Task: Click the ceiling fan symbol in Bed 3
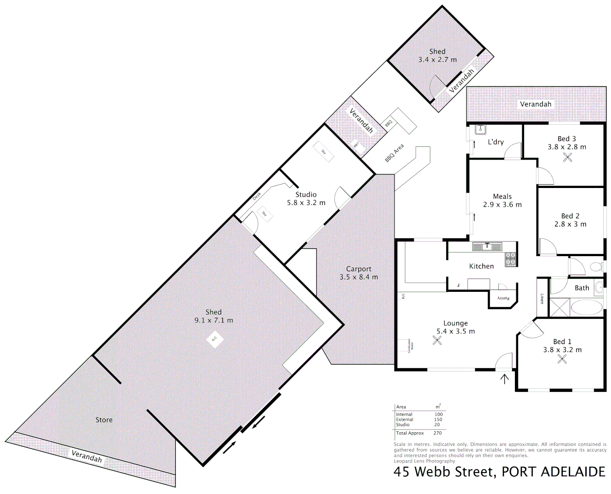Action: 568,157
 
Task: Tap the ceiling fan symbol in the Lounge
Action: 438,340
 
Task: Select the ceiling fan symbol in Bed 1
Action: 562,359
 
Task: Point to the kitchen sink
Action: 487,247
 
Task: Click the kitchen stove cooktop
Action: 511,259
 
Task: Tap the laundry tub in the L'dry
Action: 480,129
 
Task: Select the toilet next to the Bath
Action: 597,267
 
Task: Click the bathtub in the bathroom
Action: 587,307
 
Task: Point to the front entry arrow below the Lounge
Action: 504,379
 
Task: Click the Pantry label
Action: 503,298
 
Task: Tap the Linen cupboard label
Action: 542,299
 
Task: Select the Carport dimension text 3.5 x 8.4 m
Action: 359,277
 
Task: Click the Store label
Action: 104,420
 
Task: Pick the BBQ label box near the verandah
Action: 389,123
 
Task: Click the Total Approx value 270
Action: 438,433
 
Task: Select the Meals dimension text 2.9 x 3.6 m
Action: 502,205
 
